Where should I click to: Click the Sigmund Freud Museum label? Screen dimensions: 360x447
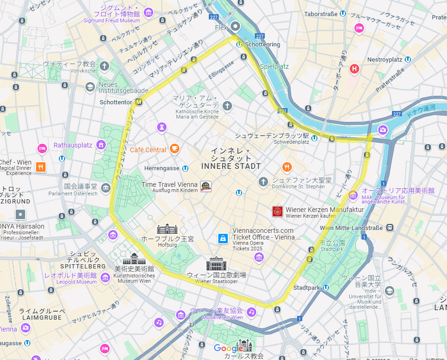pyautogui.click(x=112, y=20)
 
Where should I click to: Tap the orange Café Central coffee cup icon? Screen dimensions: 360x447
pyautogui.click(x=175, y=149)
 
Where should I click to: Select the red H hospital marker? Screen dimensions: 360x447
pyautogui.click(x=354, y=69)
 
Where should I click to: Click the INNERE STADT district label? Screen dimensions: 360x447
pyautogui.click(x=231, y=166)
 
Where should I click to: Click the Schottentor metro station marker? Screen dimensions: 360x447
pyautogui.click(x=139, y=102)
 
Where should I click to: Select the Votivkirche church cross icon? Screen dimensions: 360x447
pyautogui.click(x=104, y=66)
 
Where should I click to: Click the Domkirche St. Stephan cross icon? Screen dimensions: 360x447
pyautogui.click(x=263, y=182)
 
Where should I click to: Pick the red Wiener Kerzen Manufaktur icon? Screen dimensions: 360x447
pyautogui.click(x=278, y=212)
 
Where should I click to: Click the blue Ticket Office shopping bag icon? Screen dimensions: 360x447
pyautogui.click(x=222, y=239)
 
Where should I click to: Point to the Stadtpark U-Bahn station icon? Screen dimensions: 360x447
pyautogui.click(x=326, y=287)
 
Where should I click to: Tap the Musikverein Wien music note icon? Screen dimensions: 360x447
pyautogui.click(x=251, y=312)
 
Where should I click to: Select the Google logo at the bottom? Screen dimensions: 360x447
pyautogui.click(x=225, y=348)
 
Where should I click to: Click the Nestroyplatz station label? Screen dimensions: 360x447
pyautogui.click(x=384, y=60)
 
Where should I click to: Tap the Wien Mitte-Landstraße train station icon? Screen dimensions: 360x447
pyautogui.click(x=390, y=228)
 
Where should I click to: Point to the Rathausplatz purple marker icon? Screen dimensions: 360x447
pyautogui.click(x=101, y=145)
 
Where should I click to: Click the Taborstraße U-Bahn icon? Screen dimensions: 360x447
pyautogui.click(x=343, y=14)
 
